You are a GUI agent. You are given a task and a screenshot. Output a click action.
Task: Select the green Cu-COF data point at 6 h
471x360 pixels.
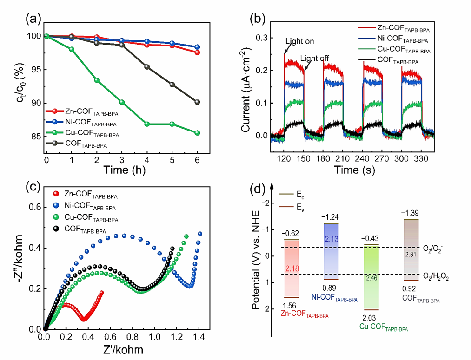tap(197, 133)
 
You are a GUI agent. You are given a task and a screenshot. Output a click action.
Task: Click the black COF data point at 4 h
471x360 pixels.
tap(147, 67)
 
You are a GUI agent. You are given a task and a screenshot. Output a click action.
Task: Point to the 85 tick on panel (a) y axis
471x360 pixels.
tap(35, 137)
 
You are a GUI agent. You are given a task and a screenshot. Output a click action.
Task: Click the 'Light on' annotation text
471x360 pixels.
tap(300, 41)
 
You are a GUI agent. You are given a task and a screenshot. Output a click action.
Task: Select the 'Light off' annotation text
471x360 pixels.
tap(315, 58)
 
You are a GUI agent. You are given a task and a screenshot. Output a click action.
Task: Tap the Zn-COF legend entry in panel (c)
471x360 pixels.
tap(86, 195)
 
